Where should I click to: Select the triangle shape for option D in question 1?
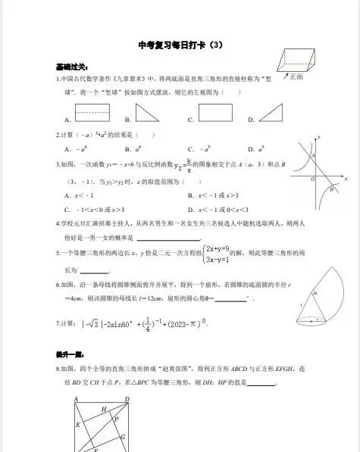[x=270, y=114]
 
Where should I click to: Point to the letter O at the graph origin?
[x=312, y=179]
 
